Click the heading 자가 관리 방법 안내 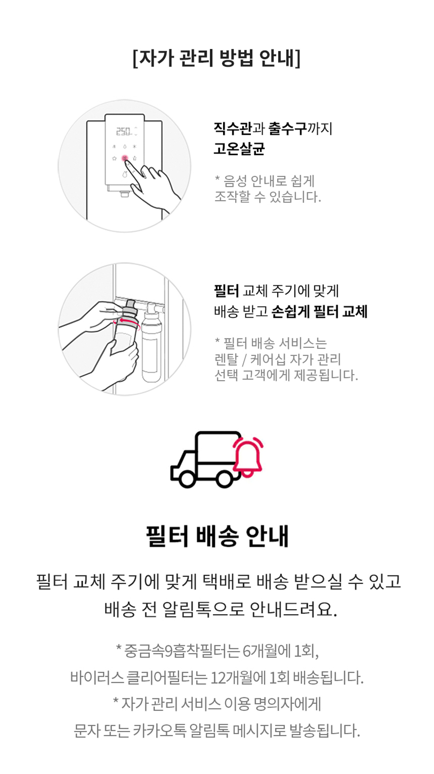coord(217,58)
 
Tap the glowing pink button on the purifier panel coord(125,158)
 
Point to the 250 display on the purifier coord(123,131)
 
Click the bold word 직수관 coord(232,129)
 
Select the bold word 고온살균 coord(239,149)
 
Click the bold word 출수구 coord(287,129)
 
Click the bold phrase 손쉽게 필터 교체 coord(319,312)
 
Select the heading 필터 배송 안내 coord(217,536)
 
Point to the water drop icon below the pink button coord(125,174)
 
